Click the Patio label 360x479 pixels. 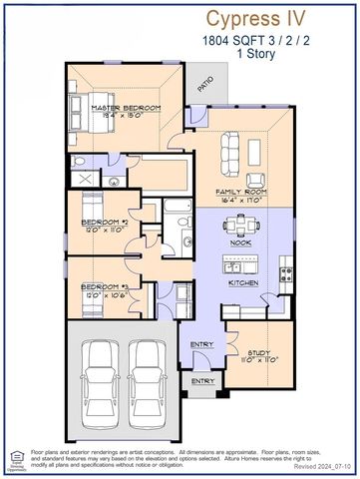204,88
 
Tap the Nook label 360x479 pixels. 240,242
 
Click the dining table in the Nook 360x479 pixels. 240,224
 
